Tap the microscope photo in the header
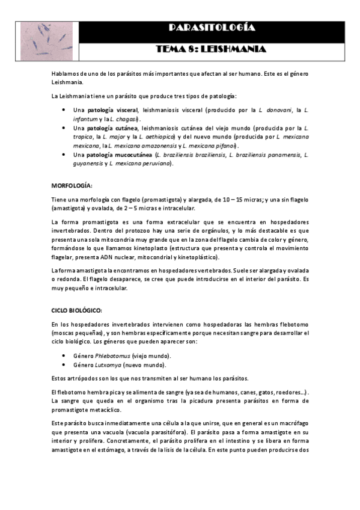tap(47, 40)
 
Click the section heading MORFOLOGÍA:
tap(72, 186)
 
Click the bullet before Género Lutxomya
tap(65, 365)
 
